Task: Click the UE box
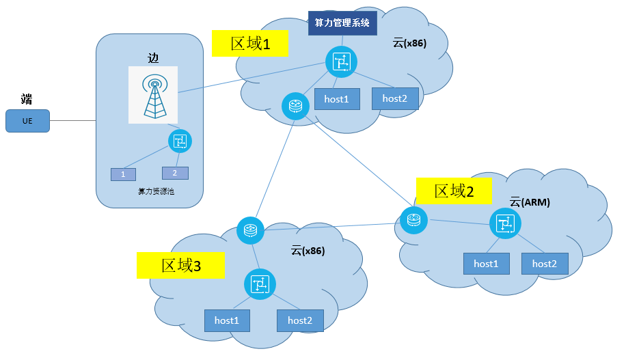(x=27, y=121)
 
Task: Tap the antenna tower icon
(x=153, y=95)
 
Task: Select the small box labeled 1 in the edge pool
(x=123, y=174)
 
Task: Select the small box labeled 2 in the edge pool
(x=175, y=173)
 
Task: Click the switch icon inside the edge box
(x=180, y=141)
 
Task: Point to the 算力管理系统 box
(x=342, y=23)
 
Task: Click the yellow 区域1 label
(x=249, y=44)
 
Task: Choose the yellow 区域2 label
(x=454, y=191)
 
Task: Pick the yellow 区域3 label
(x=180, y=264)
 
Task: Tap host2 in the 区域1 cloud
(x=395, y=98)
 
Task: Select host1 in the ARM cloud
(x=487, y=264)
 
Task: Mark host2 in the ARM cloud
(x=545, y=264)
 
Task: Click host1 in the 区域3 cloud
(x=227, y=320)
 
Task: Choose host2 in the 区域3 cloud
(x=300, y=320)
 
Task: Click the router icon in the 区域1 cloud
(x=295, y=107)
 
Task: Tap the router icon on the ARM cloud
(x=413, y=220)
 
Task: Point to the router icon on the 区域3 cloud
(x=250, y=230)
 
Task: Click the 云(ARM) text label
(x=530, y=202)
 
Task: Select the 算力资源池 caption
(x=156, y=192)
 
